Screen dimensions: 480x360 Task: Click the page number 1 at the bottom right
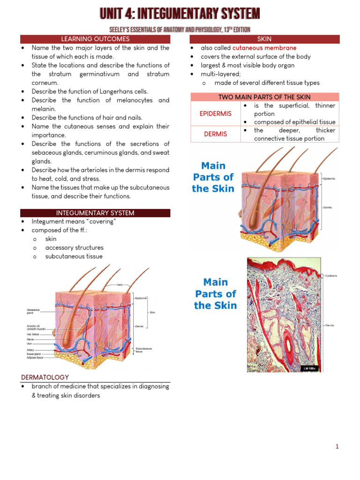coord(337,447)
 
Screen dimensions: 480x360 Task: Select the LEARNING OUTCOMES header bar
coord(95,39)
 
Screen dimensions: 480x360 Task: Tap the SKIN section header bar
coord(264,39)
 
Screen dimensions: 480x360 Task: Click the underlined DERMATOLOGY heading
coord(45,377)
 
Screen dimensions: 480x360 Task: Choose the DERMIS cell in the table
coord(215,134)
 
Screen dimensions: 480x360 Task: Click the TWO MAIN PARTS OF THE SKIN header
coord(264,97)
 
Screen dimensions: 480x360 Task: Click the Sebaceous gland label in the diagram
coord(34,311)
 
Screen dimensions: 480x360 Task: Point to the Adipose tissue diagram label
coord(37,358)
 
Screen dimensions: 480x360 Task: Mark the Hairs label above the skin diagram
coord(120,285)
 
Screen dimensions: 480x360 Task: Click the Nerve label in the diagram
coord(30,339)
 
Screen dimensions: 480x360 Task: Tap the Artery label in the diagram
coord(30,349)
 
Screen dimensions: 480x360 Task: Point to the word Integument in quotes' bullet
coord(47,222)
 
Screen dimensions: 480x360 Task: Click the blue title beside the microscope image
coord(215,294)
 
